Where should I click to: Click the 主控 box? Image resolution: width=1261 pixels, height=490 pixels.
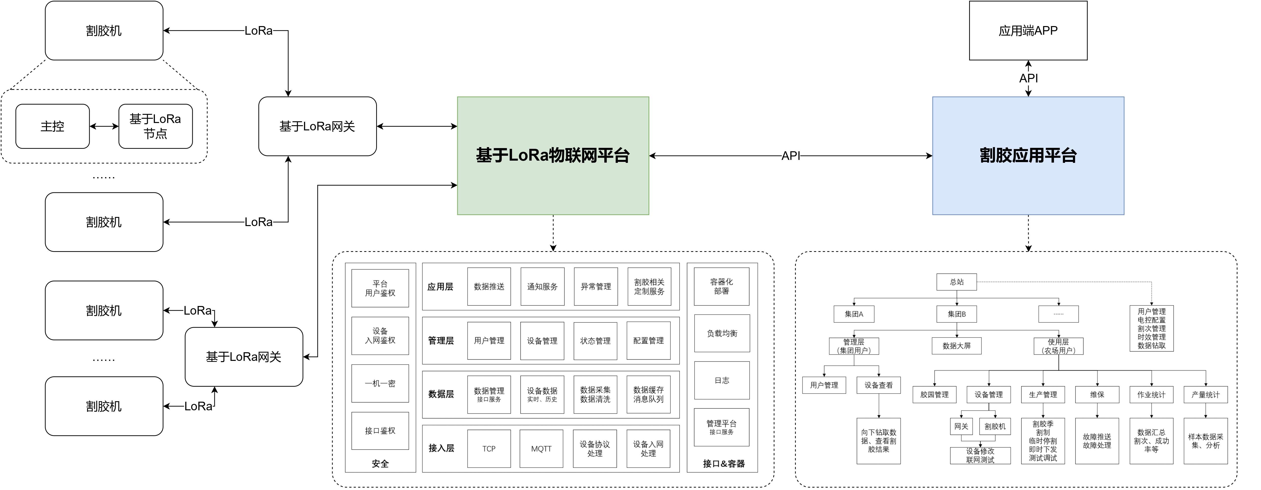coord(52,126)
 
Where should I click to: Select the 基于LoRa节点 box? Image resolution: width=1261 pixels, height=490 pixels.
coord(155,126)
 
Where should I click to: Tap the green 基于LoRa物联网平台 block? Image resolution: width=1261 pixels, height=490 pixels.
coord(553,156)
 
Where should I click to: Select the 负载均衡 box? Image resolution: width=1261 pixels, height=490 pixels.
coord(722,333)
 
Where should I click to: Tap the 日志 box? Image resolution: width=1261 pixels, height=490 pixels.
coord(722,380)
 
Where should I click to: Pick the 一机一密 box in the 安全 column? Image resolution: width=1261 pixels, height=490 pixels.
coord(380,383)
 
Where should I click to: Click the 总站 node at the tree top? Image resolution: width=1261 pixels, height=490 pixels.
coord(957,282)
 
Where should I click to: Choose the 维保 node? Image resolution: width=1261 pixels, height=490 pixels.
coord(1097,395)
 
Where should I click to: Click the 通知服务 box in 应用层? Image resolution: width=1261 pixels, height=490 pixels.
coord(542,287)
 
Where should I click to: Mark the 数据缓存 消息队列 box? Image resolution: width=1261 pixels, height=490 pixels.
coord(648,395)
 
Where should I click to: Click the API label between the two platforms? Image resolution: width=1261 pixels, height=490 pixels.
coord(791,156)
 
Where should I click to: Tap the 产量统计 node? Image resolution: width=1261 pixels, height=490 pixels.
coord(1205,395)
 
